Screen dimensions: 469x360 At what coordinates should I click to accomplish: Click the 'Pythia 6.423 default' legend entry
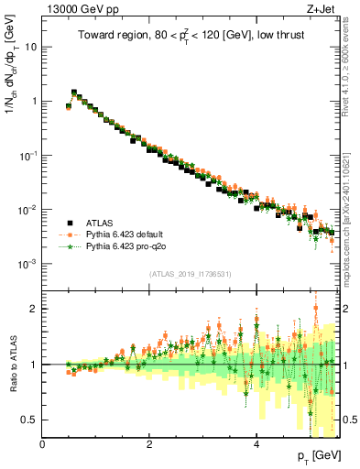pyautogui.click(x=127, y=234)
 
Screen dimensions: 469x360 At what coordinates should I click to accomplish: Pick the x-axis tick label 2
pyautogui.click(x=149, y=444)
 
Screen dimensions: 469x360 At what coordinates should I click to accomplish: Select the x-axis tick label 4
pyautogui.click(x=256, y=444)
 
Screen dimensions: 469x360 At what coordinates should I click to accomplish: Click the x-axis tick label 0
pyautogui.click(x=43, y=444)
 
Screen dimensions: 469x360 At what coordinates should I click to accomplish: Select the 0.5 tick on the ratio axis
pyautogui.click(x=30, y=420)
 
